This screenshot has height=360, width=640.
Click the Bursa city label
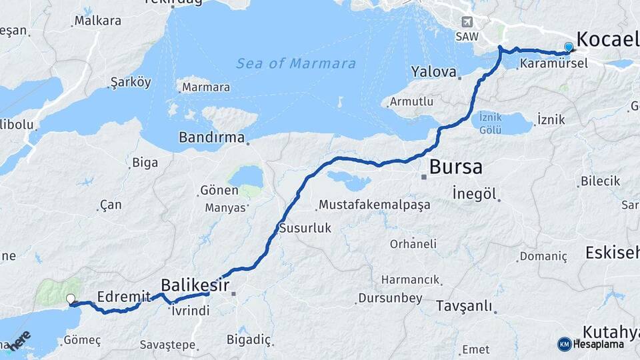[x=455, y=167]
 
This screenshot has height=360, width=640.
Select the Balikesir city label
[x=195, y=286]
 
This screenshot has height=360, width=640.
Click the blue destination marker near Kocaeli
[x=568, y=47]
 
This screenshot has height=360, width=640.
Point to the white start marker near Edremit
[x=71, y=299]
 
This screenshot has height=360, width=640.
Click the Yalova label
[x=433, y=71]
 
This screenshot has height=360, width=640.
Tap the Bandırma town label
[x=211, y=138]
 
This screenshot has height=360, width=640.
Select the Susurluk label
[x=305, y=228]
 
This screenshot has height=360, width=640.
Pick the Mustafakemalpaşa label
[x=374, y=205]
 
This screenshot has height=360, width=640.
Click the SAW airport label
[x=467, y=37]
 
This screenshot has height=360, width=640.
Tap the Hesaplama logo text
[x=598, y=345]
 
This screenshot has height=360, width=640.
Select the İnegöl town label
[x=475, y=194]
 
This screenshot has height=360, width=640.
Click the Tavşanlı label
[x=464, y=307]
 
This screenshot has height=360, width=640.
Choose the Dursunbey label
[x=390, y=298]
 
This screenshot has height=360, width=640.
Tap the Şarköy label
[x=131, y=83]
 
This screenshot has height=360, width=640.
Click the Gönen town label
[x=219, y=191]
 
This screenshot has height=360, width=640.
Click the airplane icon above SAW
[x=466, y=21]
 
